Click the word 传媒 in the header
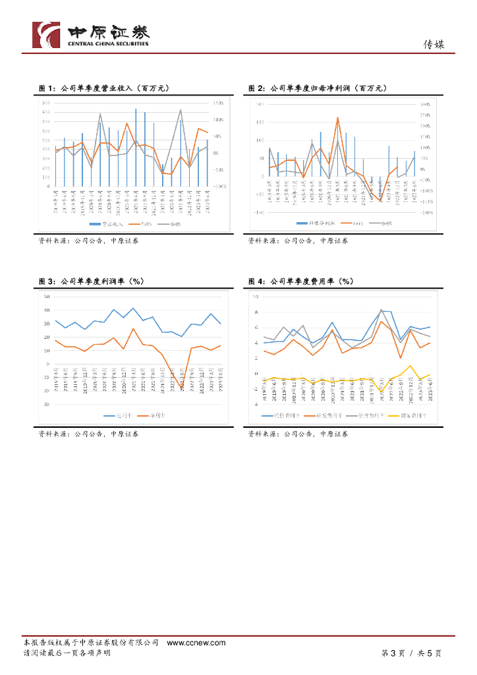tap(433, 45)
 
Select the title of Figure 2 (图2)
tap(316, 88)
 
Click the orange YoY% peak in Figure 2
tap(338, 117)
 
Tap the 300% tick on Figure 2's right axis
tap(426, 104)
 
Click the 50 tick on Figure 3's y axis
tap(47, 296)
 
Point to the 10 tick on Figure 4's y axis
tap(255, 296)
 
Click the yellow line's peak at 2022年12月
tap(410, 365)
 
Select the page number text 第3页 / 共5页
tap(411, 653)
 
